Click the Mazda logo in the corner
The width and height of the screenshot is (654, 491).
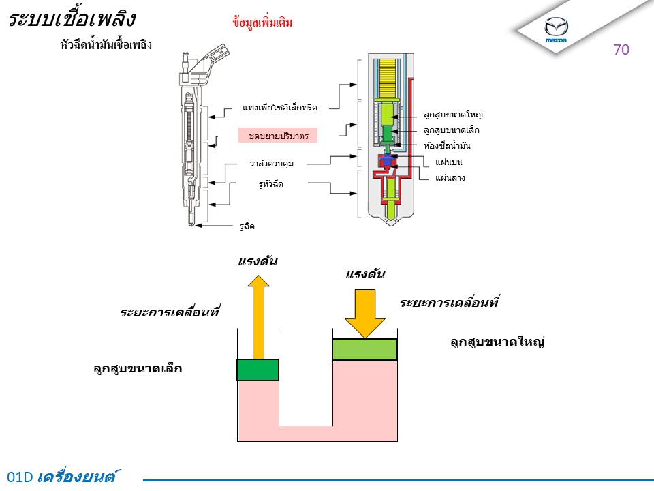(x=556, y=29)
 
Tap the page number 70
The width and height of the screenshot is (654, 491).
(x=621, y=50)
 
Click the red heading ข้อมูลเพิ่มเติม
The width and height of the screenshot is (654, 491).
(x=262, y=22)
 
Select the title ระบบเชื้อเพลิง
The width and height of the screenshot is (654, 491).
(x=72, y=19)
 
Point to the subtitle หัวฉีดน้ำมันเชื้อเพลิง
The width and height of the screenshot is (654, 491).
(x=106, y=44)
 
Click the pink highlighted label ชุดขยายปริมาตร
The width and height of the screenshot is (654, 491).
(x=278, y=135)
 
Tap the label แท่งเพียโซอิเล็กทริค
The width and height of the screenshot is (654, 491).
(x=280, y=108)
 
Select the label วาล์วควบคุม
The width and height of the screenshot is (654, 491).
(x=272, y=163)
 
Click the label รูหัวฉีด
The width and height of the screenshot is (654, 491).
(x=270, y=183)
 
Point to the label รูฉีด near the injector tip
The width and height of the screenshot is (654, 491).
(x=247, y=226)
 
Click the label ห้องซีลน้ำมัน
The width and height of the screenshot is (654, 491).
(x=447, y=145)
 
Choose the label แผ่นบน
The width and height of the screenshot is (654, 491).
(x=449, y=162)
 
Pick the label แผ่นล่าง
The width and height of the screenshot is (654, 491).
(x=450, y=178)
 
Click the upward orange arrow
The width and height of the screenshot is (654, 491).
(x=259, y=317)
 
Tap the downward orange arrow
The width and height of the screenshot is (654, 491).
(x=365, y=314)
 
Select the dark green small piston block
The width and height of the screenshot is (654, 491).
(x=258, y=370)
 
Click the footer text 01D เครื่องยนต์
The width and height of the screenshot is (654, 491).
(x=62, y=477)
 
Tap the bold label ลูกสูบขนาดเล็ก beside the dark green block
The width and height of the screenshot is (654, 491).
(x=138, y=368)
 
